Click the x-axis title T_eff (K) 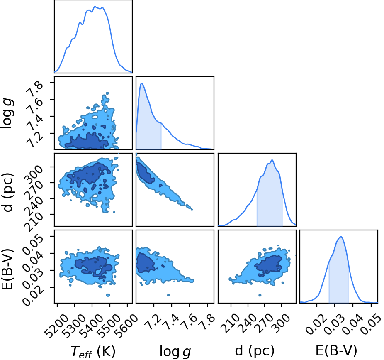pos(93,351)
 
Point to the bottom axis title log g pos(175,352)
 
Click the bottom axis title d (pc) pos(255,351)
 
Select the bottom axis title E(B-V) pos(336,351)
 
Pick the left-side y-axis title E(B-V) pos(7,269)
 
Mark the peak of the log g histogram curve pos(141,83)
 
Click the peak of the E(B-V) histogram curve pos(340,237)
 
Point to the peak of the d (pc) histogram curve pos(272,160)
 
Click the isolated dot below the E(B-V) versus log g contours pos(168,295)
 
